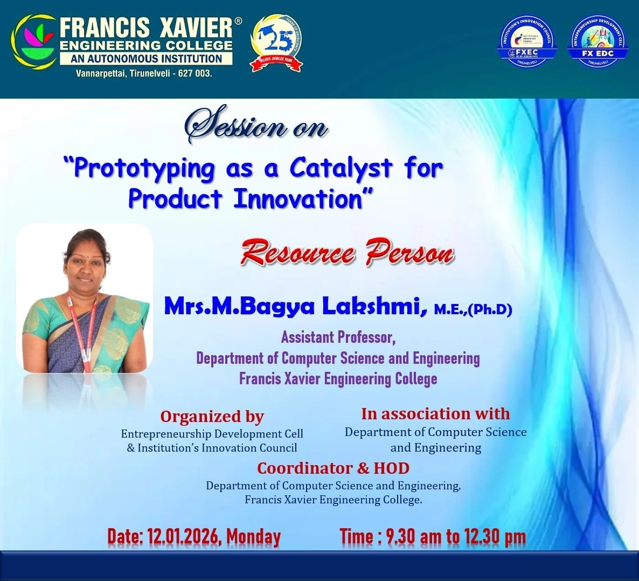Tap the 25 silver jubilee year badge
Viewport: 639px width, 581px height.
[276, 43]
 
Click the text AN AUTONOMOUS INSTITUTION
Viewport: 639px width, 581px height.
[147, 59]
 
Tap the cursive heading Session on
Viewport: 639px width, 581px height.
[256, 126]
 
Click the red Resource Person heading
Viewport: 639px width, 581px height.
[347, 253]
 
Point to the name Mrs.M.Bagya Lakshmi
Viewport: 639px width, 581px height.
[291, 306]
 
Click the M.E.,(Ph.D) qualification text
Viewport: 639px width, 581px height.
[473, 309]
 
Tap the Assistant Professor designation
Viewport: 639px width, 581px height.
[338, 337]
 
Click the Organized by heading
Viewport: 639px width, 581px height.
[212, 417]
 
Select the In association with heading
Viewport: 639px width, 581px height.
[435, 413]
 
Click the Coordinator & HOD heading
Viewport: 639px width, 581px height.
[333, 468]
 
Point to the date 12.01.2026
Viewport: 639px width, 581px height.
[180, 537]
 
